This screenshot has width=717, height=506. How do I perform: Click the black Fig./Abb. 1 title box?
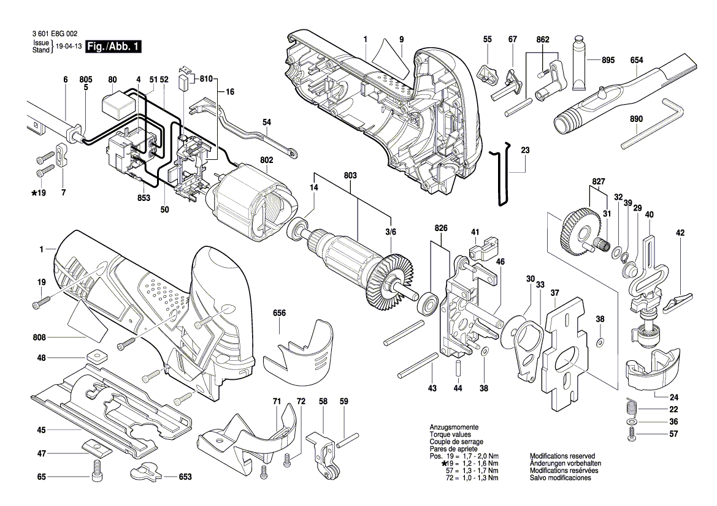[114, 47]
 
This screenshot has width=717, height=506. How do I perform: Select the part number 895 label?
[608, 60]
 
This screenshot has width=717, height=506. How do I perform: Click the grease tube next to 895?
[580, 62]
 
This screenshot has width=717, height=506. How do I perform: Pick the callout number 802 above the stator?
[267, 160]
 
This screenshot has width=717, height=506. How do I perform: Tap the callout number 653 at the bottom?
[185, 477]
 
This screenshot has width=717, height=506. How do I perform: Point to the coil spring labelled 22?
[631, 406]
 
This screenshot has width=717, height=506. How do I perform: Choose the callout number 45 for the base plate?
[42, 430]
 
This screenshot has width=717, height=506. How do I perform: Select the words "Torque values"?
[450, 435]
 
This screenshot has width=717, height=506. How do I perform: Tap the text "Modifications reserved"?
[562, 456]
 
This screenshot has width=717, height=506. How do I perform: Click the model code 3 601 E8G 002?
[55, 34]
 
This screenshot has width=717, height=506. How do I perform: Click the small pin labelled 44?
[458, 369]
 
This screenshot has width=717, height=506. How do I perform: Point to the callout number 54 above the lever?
[267, 123]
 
